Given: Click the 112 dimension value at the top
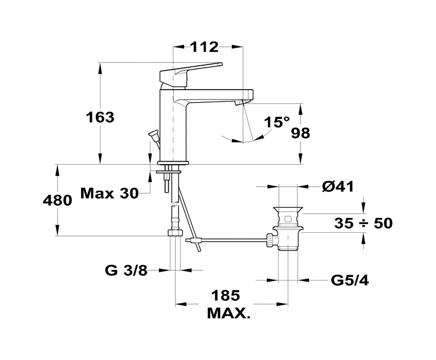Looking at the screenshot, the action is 204,47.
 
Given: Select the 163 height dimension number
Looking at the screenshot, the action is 100,117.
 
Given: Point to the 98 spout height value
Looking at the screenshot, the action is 300,133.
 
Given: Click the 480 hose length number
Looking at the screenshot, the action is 57,200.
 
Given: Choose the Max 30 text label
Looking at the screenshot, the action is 109,193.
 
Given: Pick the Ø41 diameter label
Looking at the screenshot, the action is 338,186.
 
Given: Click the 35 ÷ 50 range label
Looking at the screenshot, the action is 364,223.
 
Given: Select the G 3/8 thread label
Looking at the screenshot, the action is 126,270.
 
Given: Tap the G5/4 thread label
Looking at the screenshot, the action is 350,281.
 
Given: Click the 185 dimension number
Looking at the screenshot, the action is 225,295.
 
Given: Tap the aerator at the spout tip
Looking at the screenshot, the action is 239,103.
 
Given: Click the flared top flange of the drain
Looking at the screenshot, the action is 288,210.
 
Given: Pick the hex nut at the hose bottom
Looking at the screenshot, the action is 174,232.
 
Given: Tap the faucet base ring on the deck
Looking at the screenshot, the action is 173,163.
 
